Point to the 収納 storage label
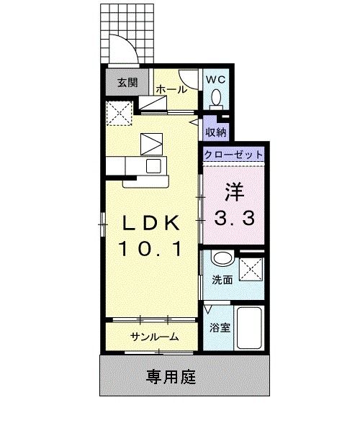pos(216,132)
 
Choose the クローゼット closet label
pos(233,155)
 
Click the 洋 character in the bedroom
pos(234,191)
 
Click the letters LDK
pos(150,223)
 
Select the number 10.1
pos(150,250)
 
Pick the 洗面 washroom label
pos(222,280)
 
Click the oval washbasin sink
pos(221,260)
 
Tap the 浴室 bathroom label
pos(220,328)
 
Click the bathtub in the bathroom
pos(249,327)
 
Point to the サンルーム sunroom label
pos(154,337)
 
